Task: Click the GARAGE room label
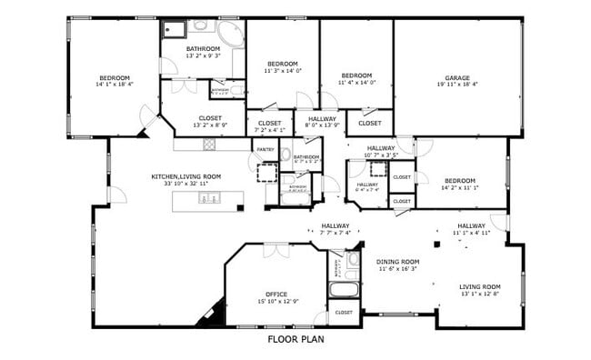457,77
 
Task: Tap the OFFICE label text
277,294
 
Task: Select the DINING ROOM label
397,261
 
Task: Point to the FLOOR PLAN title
295,340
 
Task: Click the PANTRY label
265,149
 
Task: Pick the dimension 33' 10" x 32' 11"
185,184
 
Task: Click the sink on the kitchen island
207,198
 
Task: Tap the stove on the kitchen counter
208,144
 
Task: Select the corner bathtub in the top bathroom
231,35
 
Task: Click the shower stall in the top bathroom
174,28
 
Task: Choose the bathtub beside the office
344,292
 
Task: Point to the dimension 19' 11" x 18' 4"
457,85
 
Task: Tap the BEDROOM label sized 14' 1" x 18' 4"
115,77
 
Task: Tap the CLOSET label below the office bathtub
344,313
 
